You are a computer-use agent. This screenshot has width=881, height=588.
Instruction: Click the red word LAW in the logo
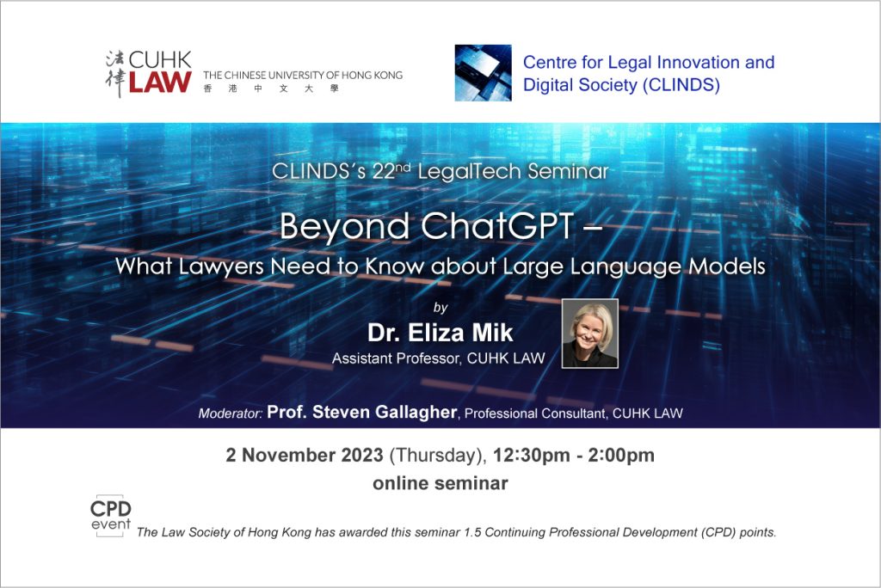[160, 82]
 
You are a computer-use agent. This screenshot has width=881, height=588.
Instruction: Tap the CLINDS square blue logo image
[484, 73]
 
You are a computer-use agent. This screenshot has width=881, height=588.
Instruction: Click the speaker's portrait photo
[590, 334]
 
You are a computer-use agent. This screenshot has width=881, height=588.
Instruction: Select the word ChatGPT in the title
[497, 226]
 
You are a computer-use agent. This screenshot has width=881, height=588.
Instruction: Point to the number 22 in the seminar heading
[384, 172]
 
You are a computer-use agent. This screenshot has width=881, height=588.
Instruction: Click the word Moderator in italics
[231, 413]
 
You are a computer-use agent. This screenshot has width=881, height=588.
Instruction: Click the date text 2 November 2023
[305, 455]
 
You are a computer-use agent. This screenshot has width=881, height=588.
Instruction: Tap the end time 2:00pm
[621, 456]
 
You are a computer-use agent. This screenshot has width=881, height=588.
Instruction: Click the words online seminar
[440, 483]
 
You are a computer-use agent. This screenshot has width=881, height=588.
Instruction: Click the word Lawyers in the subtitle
[221, 266]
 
